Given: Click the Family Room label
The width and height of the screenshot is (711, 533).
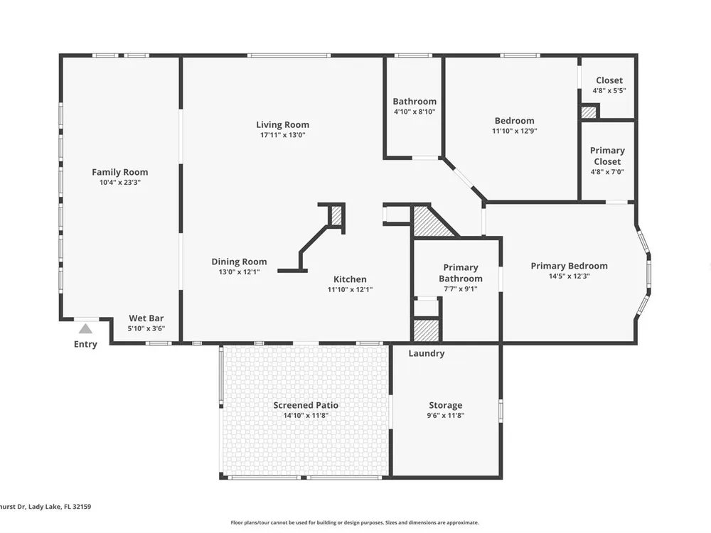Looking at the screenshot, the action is point(119,172).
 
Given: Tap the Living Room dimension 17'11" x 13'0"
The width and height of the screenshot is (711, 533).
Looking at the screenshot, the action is point(282,135).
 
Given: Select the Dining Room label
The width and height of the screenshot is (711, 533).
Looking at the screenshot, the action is point(239,262).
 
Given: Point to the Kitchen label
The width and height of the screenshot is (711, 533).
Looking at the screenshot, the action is point(350,279).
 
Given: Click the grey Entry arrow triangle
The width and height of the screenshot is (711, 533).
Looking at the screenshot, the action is point(85,329).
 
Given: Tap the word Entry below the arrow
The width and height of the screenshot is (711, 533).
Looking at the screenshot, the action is point(85,345).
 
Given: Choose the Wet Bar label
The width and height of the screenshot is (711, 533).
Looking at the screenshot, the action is point(146,318).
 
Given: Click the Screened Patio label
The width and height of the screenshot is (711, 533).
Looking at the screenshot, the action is point(306,405).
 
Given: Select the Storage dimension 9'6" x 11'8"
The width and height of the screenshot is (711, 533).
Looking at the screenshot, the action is point(445,416).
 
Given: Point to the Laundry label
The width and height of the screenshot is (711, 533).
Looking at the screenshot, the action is point(426,353).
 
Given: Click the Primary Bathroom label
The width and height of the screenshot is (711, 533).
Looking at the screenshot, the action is point(460,273).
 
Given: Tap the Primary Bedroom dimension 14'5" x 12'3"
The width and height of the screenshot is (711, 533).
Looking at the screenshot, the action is point(569,276).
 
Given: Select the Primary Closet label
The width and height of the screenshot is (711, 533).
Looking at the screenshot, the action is point(607,156).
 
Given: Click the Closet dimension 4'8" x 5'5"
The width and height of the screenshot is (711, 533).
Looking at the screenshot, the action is point(609,91).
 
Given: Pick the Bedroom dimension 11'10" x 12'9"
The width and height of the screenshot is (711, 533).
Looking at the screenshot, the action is point(514,131).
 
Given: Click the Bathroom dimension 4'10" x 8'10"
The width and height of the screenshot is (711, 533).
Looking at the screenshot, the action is point(415,112).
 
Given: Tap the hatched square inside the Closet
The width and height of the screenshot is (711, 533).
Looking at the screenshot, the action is point(589,112).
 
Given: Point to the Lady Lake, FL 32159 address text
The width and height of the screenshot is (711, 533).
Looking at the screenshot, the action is point(60,507).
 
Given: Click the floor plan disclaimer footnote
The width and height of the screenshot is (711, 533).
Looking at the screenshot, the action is point(355,522).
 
